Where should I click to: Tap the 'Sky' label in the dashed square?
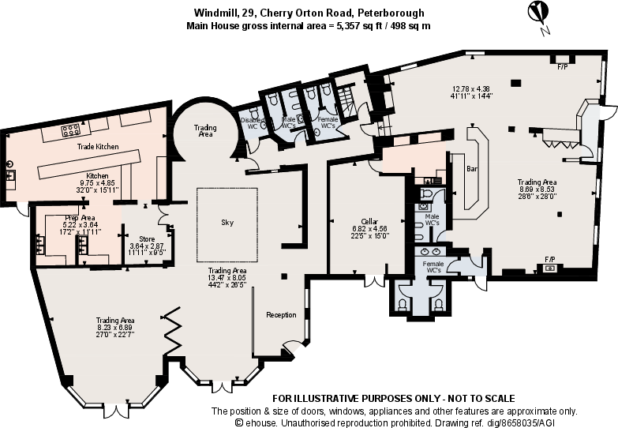click(x=227, y=223)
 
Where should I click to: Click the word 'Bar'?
click(x=473, y=169)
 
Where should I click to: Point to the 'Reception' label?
click(x=281, y=315)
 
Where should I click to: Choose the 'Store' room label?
click(x=146, y=238)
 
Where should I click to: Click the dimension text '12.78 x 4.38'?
click(x=471, y=88)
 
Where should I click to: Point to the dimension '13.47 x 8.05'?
click(x=227, y=278)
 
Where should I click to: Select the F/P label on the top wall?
click(x=563, y=67)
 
